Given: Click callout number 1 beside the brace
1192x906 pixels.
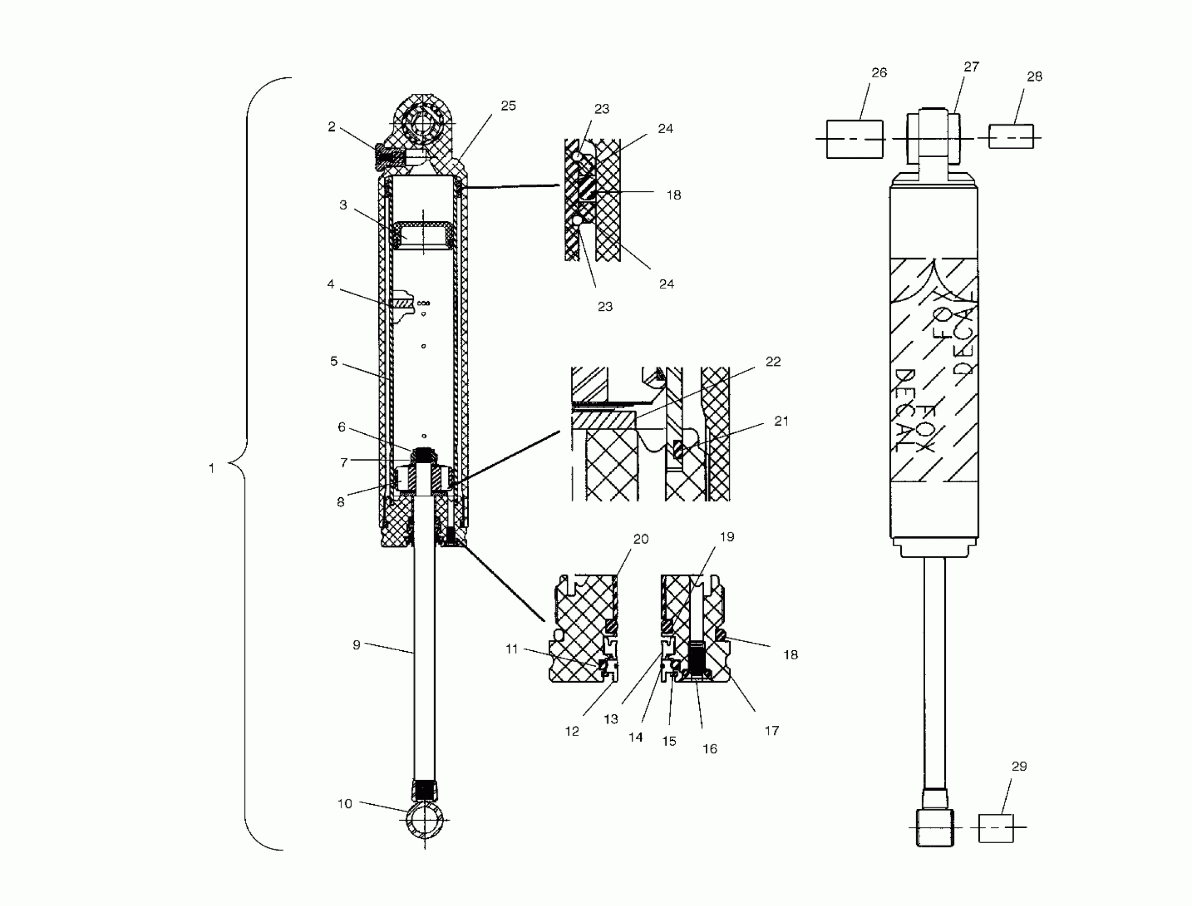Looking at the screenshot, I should coord(212,468).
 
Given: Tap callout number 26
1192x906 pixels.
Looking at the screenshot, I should coord(879,73).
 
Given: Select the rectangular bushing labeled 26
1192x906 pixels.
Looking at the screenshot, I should coord(854,139).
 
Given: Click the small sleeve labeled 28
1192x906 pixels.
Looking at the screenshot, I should coord(1010,136).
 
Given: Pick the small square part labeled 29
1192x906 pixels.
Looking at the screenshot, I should coord(995,828).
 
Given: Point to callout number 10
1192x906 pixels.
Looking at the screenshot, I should coord(345,804).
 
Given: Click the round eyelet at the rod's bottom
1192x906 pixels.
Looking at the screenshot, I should coord(424,820).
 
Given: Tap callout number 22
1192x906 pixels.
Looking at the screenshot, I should coord(773,361).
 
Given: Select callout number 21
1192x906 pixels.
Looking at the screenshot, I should coord(781,420).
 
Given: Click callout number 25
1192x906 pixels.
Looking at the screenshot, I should coord(508,106).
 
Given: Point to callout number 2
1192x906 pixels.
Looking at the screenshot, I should coord(331,126).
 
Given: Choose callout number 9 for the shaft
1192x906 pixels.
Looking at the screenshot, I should coord(356,644).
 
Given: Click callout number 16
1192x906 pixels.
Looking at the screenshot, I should coord(709,749).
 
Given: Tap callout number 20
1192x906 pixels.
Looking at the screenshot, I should coord(641,539).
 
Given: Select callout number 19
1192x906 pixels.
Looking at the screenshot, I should coord(727,537).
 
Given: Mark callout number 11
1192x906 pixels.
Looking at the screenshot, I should coord(511,649).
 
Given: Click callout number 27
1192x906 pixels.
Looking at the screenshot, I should coord(971,67).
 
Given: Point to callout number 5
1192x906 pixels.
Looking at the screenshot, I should coord(333,361).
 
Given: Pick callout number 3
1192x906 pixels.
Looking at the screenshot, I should coord(342,205).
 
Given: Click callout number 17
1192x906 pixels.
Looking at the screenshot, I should coord(772,730).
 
